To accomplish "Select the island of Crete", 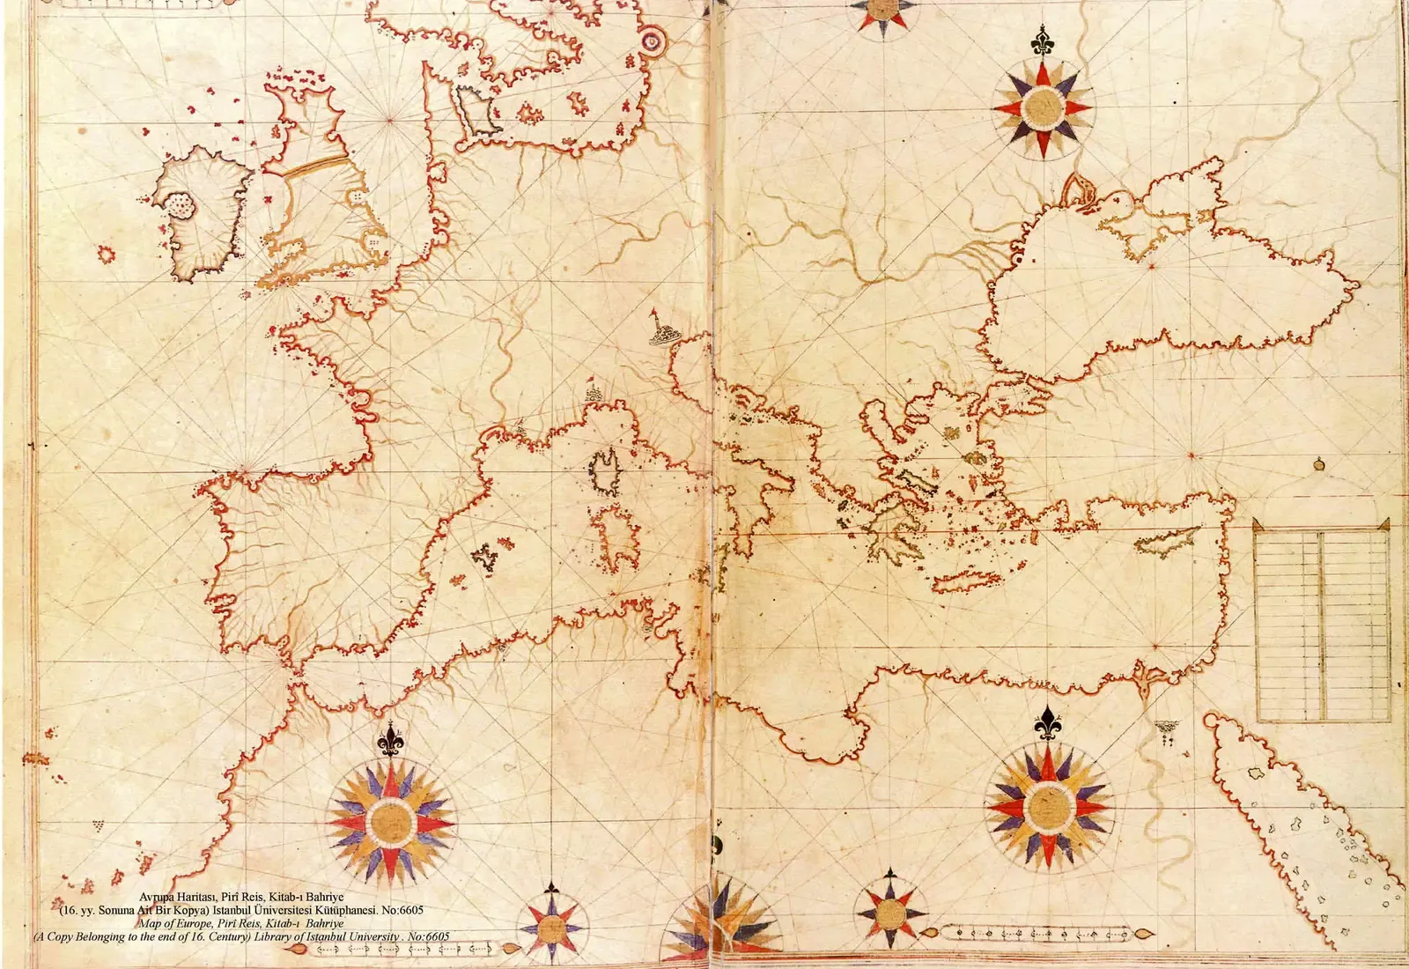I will (966, 581).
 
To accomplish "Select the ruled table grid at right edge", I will (1321, 621).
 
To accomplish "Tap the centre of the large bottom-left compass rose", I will (391, 821).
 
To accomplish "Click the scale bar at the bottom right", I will (1039, 932).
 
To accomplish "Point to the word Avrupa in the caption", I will (159, 897).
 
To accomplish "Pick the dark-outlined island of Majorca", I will (483, 557).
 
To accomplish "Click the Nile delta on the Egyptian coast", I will (1145, 683).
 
